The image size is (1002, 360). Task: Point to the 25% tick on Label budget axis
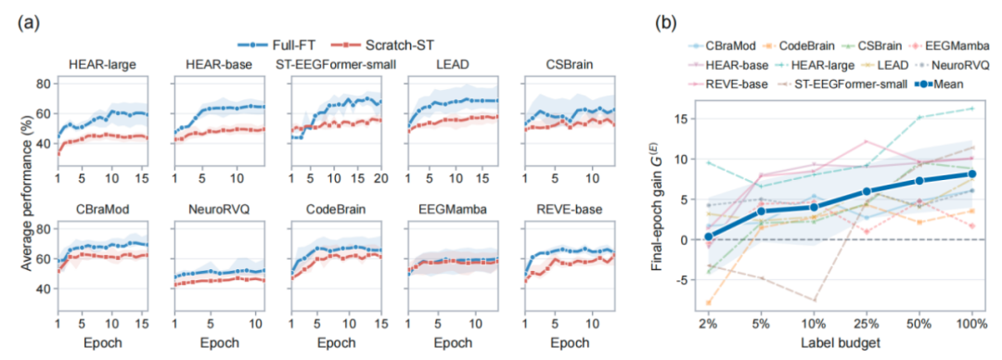tap(866, 324)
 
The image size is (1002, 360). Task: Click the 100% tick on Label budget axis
tap(971, 324)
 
